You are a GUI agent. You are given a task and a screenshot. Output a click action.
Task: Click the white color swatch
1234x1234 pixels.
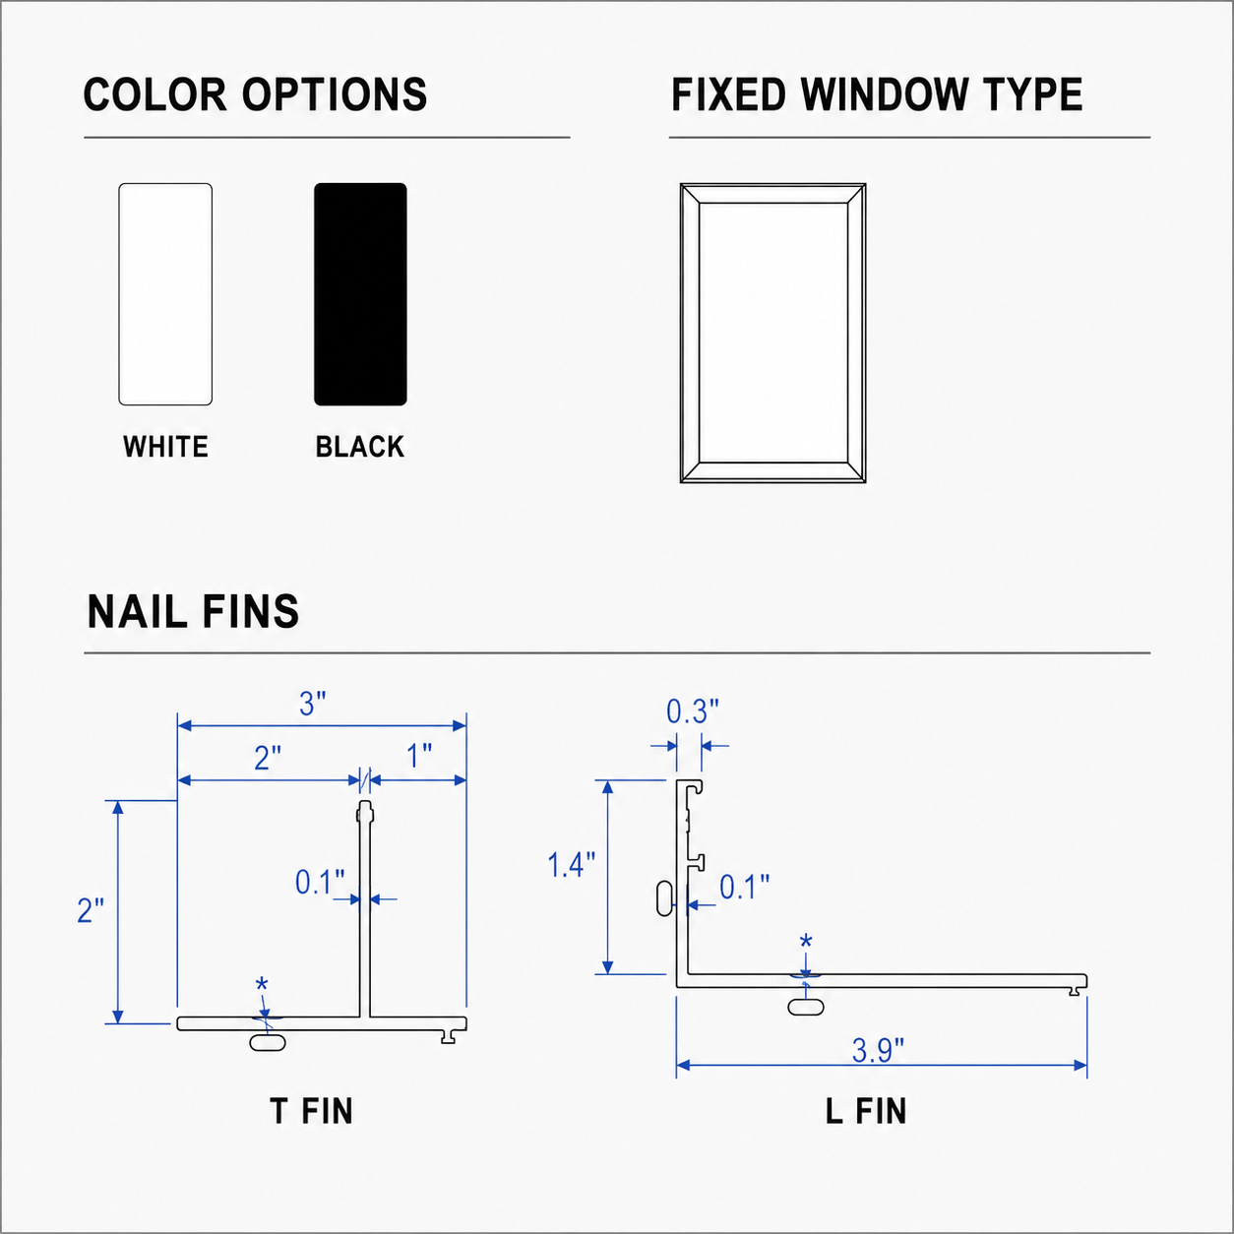[165, 294]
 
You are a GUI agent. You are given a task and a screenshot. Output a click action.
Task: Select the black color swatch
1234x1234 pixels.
[360, 294]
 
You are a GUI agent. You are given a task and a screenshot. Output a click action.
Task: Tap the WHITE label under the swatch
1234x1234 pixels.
[166, 447]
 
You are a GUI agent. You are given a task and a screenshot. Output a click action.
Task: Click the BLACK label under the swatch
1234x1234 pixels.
[360, 447]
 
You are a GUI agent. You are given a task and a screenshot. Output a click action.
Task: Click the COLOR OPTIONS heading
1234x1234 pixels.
[256, 94]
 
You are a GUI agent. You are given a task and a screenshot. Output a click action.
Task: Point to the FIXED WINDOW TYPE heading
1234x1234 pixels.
[877, 94]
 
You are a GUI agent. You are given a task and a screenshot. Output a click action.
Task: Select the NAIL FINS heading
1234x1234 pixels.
[194, 611]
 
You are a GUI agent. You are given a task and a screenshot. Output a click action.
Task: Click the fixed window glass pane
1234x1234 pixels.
[773, 333]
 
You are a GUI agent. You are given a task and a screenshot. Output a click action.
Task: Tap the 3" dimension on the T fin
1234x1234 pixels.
[313, 704]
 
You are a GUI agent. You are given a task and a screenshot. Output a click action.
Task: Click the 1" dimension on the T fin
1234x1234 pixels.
[419, 757]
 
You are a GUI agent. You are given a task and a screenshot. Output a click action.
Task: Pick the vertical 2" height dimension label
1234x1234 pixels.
[91, 910]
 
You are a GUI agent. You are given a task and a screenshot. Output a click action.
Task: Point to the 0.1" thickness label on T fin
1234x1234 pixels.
[320, 882]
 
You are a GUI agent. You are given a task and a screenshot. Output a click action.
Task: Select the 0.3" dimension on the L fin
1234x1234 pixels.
[693, 711]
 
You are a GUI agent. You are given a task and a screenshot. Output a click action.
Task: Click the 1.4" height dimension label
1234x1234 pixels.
[571, 865]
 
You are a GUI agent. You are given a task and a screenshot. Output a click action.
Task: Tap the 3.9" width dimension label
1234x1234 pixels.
[878, 1052]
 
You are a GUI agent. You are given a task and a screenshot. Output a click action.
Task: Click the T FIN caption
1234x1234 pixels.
[311, 1111]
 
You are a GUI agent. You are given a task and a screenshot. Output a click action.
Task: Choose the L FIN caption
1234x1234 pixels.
[866, 1111]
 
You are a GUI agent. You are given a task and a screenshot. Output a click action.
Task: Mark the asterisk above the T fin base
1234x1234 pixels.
[262, 985]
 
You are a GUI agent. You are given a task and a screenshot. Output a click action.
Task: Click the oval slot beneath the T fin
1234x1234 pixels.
[267, 1042]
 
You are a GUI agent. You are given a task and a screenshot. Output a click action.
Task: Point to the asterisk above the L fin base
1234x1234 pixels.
[806, 942]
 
